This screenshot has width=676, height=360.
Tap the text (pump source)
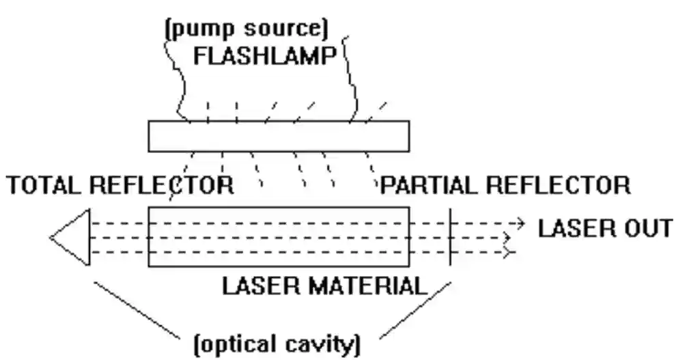point(245,29)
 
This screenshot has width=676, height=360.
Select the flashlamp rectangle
point(279,135)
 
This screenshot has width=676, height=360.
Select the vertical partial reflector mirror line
point(450,236)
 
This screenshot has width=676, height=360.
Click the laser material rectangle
point(279,236)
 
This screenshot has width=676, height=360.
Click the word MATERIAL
point(368,286)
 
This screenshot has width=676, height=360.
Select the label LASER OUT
point(604,227)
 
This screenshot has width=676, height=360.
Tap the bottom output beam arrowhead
point(509,253)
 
